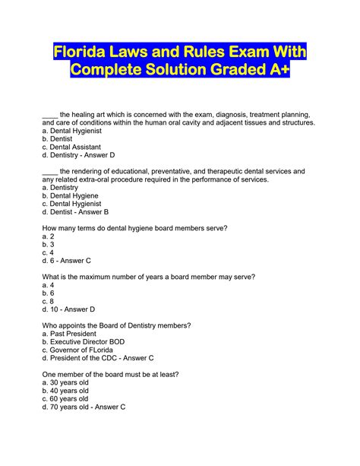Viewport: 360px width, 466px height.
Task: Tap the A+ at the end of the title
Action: [x=273, y=70]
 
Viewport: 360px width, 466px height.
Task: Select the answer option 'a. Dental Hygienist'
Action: [x=74, y=131]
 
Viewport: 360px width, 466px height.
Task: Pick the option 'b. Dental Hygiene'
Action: [x=71, y=195]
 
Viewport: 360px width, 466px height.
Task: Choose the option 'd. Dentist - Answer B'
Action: [x=75, y=212]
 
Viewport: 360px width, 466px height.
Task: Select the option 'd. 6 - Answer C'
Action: [x=67, y=261]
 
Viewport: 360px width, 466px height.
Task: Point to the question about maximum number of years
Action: [x=149, y=277]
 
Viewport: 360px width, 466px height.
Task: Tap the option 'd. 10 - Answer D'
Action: [x=69, y=309]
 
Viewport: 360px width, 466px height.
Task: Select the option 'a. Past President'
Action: [x=70, y=334]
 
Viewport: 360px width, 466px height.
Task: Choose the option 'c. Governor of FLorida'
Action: [x=79, y=350]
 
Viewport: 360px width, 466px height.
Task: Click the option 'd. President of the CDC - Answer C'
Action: [x=99, y=358]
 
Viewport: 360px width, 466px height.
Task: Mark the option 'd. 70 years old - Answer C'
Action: [x=84, y=407]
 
